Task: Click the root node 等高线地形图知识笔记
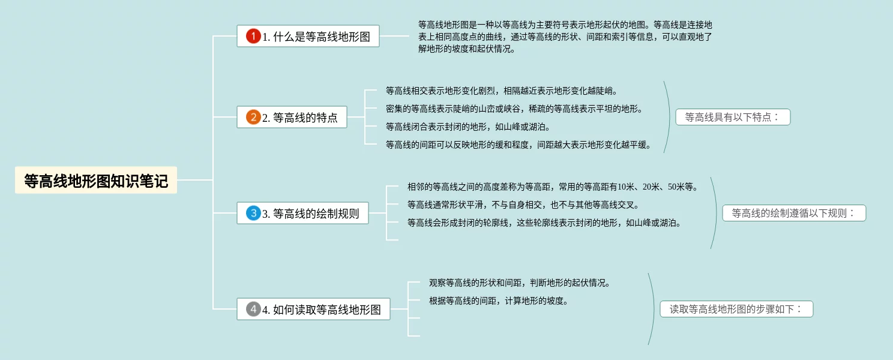point(96,180)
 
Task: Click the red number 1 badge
point(253,36)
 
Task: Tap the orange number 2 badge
point(253,117)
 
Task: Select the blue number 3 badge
point(253,213)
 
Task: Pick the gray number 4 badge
point(253,309)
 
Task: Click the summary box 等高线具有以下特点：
point(733,117)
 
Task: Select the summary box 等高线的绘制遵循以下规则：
point(794,213)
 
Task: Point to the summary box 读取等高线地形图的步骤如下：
point(736,309)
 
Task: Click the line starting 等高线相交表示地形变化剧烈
point(502,91)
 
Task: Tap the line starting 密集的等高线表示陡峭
point(514,109)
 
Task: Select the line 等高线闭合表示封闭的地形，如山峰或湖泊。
point(468,127)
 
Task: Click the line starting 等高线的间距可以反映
point(519,145)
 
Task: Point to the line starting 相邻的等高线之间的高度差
point(553,187)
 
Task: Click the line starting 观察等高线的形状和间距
point(519,283)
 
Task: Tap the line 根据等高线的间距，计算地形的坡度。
point(498,301)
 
